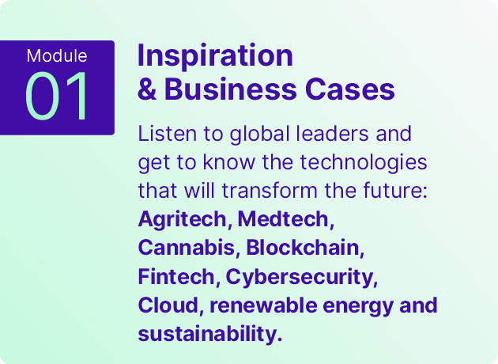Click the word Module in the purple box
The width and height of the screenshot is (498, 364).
[x=57, y=55]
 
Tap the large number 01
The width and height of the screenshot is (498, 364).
[x=56, y=96]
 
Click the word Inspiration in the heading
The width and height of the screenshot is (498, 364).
[x=215, y=56]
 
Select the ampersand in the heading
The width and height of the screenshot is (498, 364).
[x=147, y=89]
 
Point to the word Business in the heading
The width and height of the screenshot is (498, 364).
[x=231, y=89]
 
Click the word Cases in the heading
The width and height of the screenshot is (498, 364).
[x=350, y=89]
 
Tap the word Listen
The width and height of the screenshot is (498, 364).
[x=168, y=133]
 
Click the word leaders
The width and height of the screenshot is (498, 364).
[x=332, y=133]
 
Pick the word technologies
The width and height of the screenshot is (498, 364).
[x=364, y=163]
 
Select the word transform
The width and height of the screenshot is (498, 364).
[x=270, y=191]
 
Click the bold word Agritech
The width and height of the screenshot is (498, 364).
[x=182, y=220]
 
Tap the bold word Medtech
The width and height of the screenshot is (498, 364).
[x=283, y=219]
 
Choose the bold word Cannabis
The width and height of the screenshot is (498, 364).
[x=187, y=248]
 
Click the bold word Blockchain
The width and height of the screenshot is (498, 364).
[x=303, y=248]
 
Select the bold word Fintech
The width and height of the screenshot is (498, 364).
[x=176, y=276]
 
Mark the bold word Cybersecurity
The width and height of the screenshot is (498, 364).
[x=300, y=278]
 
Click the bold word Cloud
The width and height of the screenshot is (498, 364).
[x=168, y=305]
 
